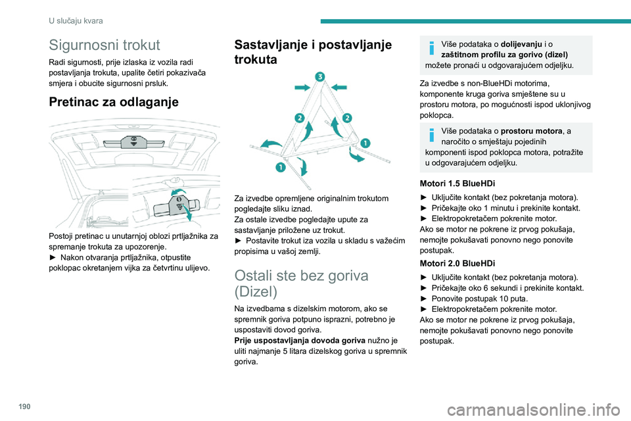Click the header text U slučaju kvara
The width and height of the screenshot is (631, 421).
pos(76,21)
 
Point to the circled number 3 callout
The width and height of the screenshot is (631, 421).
pos(319,78)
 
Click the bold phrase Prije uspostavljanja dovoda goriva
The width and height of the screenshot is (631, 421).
pos(297,339)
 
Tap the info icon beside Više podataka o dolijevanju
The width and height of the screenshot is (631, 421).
pos(431,47)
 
